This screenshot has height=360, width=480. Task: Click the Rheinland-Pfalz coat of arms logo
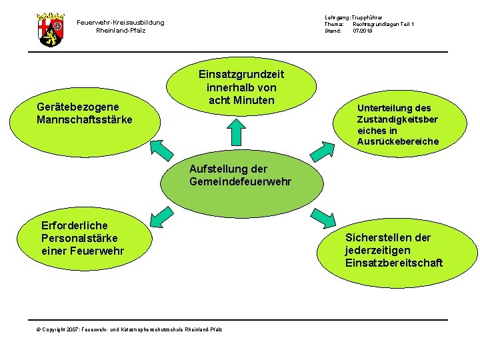[x=51, y=29]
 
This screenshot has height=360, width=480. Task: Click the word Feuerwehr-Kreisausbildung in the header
[x=121, y=23]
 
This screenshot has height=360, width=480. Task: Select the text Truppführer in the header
[x=367, y=17]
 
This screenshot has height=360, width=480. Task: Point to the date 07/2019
[x=363, y=31]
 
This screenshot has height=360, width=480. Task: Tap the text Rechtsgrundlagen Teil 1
[x=383, y=24]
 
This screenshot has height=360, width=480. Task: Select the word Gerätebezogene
[x=78, y=107]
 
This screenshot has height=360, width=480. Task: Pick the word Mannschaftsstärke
[x=85, y=119]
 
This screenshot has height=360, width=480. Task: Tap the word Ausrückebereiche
[x=398, y=141]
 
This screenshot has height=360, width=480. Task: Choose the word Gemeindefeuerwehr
[x=240, y=181]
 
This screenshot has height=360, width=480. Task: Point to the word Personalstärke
[x=79, y=238]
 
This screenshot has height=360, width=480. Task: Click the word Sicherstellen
[x=378, y=237]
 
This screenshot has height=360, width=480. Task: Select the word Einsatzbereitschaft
[x=393, y=263]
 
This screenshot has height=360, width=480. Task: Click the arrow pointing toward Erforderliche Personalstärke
[x=159, y=216]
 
